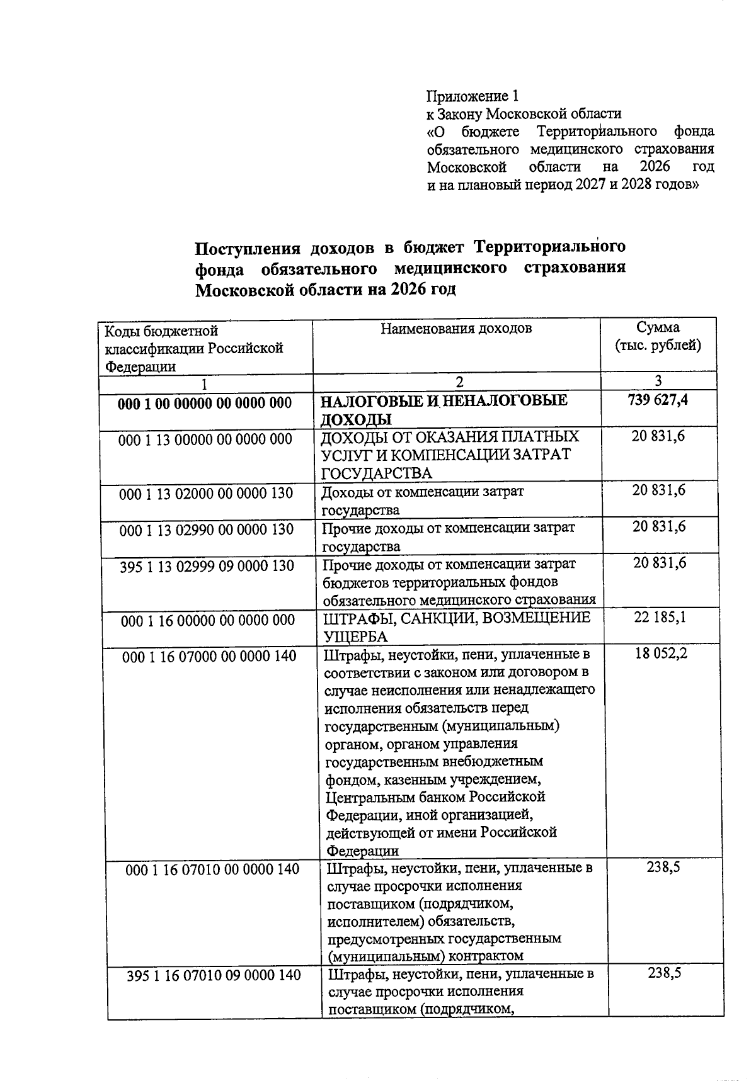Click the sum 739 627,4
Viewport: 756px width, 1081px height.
pyautogui.click(x=658, y=399)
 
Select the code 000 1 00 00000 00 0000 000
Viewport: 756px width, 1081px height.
pyautogui.click(x=205, y=403)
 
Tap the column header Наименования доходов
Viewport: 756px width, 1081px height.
pyautogui.click(x=456, y=328)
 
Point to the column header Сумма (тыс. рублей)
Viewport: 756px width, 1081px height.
pyautogui.click(x=658, y=336)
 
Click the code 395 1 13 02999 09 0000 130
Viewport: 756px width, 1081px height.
pyautogui.click(x=207, y=566)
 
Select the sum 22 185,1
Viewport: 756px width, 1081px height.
pyautogui.click(x=660, y=618)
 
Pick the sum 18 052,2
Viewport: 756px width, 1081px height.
pyautogui.click(x=661, y=654)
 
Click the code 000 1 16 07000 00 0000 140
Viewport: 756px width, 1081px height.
pyautogui.click(x=209, y=656)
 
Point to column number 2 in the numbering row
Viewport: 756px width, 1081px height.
pyautogui.click(x=459, y=382)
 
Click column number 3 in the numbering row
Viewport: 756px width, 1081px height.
pyautogui.click(x=658, y=380)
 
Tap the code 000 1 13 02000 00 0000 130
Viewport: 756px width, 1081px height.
pyautogui.click(x=207, y=494)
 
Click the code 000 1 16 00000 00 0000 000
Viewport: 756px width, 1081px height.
pyautogui.click(x=208, y=621)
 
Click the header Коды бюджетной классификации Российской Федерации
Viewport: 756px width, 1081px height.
pyautogui.click(x=193, y=348)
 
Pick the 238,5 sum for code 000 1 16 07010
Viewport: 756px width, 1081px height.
pyautogui.click(x=663, y=868)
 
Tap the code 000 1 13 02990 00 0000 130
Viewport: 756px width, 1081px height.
pyautogui.click(x=207, y=529)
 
